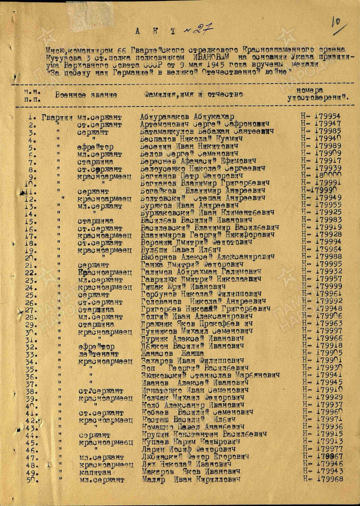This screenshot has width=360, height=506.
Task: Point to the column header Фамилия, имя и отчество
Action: [x=193, y=93]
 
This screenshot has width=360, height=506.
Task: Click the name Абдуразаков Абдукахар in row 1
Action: [x=187, y=117]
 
